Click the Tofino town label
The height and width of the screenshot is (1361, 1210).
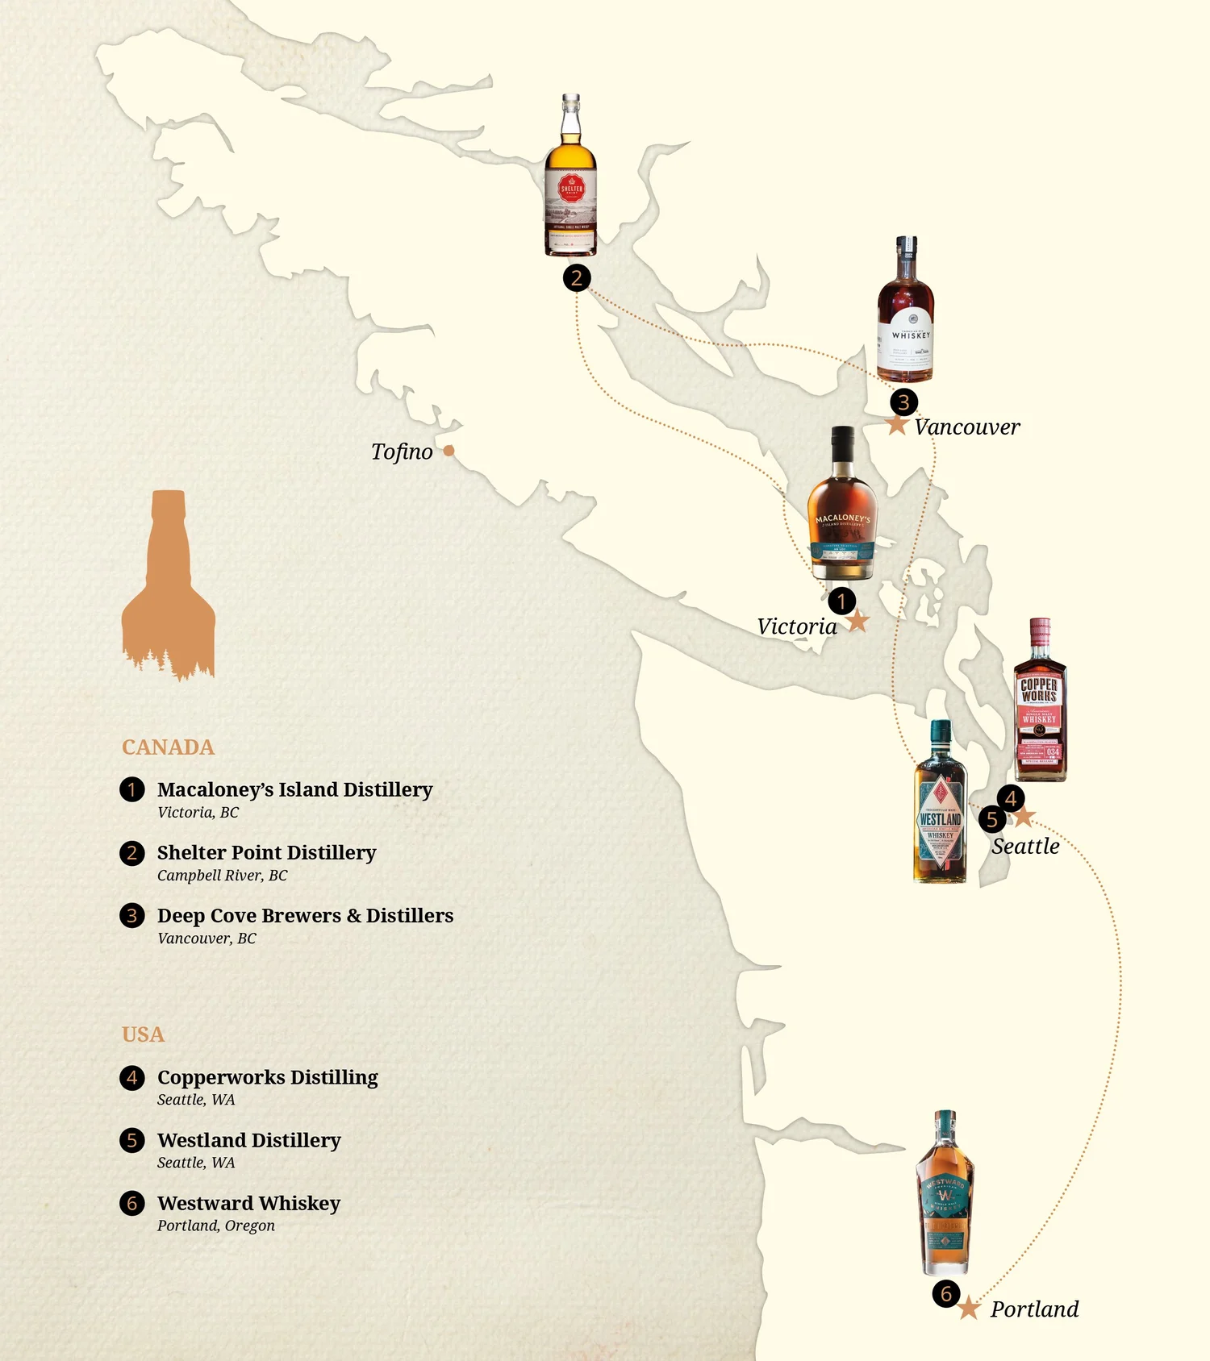[402, 452]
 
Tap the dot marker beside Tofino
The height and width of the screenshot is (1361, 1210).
[449, 451]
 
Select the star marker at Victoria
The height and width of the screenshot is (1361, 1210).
[857, 622]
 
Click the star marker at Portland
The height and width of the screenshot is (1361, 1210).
[969, 1309]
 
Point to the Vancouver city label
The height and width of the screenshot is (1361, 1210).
[966, 427]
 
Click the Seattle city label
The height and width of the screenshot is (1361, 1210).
[1025, 847]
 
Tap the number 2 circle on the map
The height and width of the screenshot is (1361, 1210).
[577, 278]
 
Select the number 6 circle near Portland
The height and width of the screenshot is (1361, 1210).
[946, 1294]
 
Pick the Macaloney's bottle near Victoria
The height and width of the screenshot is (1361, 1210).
[842, 506]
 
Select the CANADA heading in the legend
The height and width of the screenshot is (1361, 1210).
[168, 747]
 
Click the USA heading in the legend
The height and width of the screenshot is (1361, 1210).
[143, 1034]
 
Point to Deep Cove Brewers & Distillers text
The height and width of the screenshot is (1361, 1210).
[305, 916]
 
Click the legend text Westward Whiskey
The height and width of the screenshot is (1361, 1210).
[248, 1203]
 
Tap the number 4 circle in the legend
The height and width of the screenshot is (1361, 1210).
[132, 1078]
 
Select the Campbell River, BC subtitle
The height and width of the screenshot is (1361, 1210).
[222, 876]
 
